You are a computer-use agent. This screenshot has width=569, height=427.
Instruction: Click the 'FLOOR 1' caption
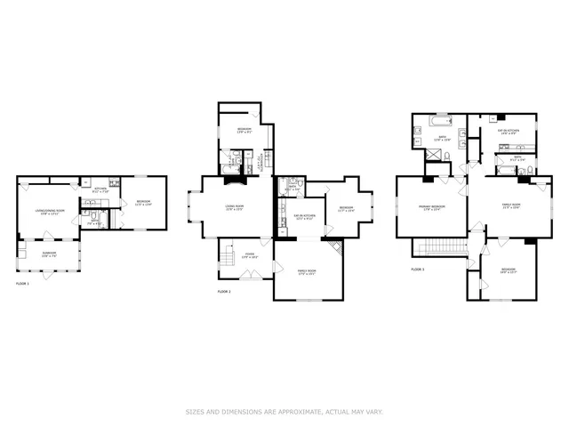pos(23,283)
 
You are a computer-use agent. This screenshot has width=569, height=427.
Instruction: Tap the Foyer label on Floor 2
pos(251,256)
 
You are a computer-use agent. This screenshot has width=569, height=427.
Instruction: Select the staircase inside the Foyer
pos(228,259)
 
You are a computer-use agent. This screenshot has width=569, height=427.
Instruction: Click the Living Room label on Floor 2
pos(235,207)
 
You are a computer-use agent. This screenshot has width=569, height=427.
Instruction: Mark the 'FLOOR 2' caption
pos(224,291)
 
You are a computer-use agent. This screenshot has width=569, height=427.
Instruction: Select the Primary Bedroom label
pos(432,207)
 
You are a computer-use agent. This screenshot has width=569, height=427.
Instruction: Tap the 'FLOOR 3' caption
pos(418,268)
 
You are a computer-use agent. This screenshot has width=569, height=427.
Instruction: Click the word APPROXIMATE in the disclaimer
pos(301,411)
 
